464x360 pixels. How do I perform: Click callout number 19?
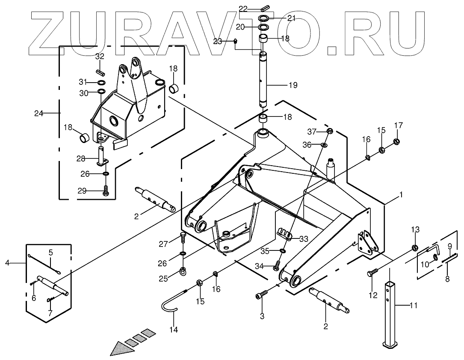pyautogui.click(x=293, y=85)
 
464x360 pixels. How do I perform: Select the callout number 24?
pyautogui.click(x=39, y=113)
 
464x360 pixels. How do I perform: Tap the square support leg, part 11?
pyautogui.click(x=390, y=312)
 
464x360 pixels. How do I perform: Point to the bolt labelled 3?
pyautogui.click(x=262, y=295)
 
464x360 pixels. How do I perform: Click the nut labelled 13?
pyautogui.click(x=414, y=247)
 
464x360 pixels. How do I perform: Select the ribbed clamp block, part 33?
pyautogui.click(x=284, y=234)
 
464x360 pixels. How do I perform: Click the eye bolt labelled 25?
pyautogui.click(x=183, y=271)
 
